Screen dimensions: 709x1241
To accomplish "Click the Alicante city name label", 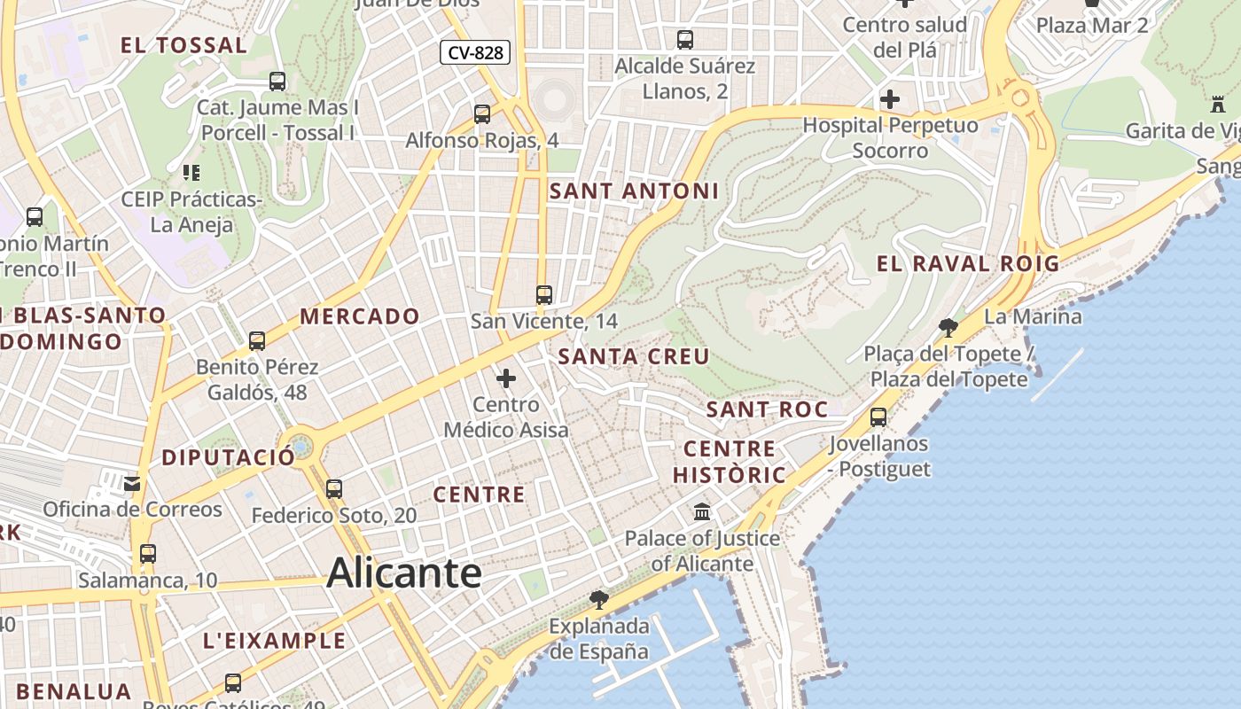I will (404, 573).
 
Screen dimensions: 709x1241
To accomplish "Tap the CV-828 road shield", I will (475, 52).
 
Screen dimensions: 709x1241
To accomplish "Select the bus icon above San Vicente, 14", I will (544, 295).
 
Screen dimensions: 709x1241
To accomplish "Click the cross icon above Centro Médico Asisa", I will (506, 379).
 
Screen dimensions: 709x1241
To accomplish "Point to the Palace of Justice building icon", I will (703, 511).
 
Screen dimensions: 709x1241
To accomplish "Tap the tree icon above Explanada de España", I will (599, 600).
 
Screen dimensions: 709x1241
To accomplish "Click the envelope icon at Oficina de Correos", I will (132, 484).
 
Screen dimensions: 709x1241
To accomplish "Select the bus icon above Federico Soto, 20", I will (334, 488).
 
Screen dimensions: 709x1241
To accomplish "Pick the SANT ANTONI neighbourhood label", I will (634, 191).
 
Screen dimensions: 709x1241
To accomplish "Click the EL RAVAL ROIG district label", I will (968, 263).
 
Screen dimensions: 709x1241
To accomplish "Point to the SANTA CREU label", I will (634, 356).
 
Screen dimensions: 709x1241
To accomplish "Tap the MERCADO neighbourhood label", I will (360, 316).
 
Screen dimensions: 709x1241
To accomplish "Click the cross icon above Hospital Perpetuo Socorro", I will (890, 99).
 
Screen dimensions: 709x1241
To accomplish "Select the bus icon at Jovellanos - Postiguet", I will (878, 417).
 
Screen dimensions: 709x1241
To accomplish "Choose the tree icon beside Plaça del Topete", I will (948, 328).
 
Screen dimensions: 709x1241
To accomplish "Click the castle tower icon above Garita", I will (1218, 105).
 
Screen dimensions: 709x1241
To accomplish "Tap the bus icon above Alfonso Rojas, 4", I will (482, 114).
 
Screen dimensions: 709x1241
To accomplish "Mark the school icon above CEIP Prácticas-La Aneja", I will (191, 172).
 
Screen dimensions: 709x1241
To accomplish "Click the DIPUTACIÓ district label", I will (228, 457).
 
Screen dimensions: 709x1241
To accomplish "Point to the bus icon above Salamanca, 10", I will (148, 554).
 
